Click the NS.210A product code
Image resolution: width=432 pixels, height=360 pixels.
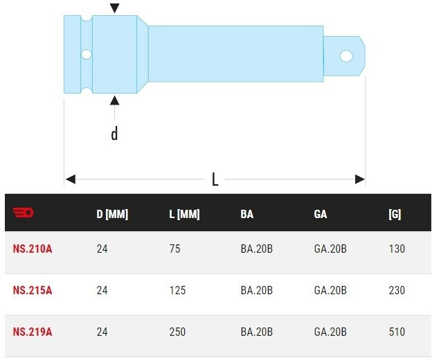pyautogui.click(x=33, y=249)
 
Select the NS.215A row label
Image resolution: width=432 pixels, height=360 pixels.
pyautogui.click(x=33, y=290)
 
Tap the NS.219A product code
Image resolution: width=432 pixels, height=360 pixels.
pyautogui.click(x=33, y=332)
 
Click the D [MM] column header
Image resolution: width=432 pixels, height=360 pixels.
pyautogui.click(x=112, y=214)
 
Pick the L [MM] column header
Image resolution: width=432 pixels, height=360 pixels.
pyautogui.click(x=184, y=214)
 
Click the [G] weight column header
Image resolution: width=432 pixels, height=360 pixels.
pyautogui.click(x=395, y=214)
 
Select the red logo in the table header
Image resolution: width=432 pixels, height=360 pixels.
pyautogui.click(x=24, y=213)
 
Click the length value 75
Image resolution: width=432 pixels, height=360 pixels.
pyautogui.click(x=175, y=249)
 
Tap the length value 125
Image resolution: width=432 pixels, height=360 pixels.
pyautogui.click(x=177, y=290)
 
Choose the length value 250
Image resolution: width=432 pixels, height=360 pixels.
pyautogui.click(x=177, y=332)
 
